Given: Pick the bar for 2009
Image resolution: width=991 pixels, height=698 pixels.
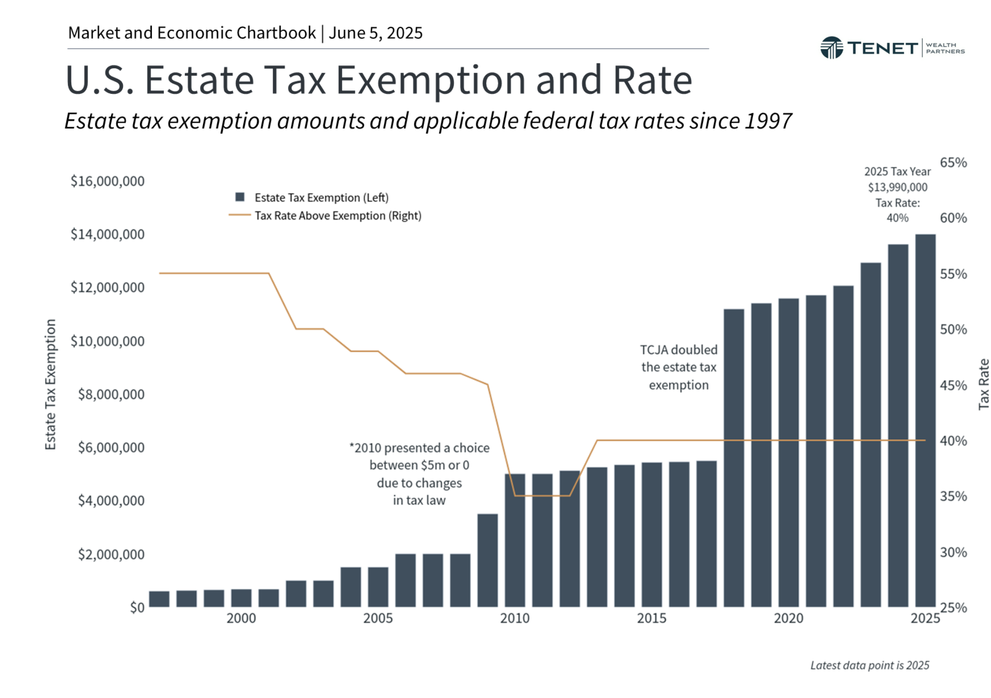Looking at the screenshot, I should tap(487, 560).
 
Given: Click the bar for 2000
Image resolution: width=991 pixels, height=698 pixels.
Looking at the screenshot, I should tap(241, 597).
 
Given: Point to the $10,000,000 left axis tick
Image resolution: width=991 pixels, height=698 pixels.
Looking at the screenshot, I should tap(107, 341).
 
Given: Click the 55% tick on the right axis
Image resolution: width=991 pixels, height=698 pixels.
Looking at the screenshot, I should tap(953, 274).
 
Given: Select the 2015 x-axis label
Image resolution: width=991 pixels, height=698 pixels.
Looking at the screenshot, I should tap(651, 618).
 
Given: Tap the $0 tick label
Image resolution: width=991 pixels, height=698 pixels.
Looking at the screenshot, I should tap(137, 608).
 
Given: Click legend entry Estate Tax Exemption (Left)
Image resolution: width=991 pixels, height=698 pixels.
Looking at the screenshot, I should tap(321, 197).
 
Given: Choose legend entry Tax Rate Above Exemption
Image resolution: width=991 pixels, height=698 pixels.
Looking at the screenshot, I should tap(337, 215).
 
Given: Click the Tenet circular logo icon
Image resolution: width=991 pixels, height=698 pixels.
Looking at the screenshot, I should tap(831, 48).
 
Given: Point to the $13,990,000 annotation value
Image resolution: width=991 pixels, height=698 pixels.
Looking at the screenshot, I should tap(897, 187).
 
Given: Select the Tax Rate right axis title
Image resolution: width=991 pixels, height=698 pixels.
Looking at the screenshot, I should tap(983, 384).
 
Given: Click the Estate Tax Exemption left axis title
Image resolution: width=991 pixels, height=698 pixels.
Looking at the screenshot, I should tap(50, 384).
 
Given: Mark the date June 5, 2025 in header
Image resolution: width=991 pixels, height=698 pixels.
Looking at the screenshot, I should tap(376, 33).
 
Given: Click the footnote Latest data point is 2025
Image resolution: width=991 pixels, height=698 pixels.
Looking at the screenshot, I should tap(869, 665).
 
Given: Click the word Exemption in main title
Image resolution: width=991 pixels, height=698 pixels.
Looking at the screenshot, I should tap(431, 80).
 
